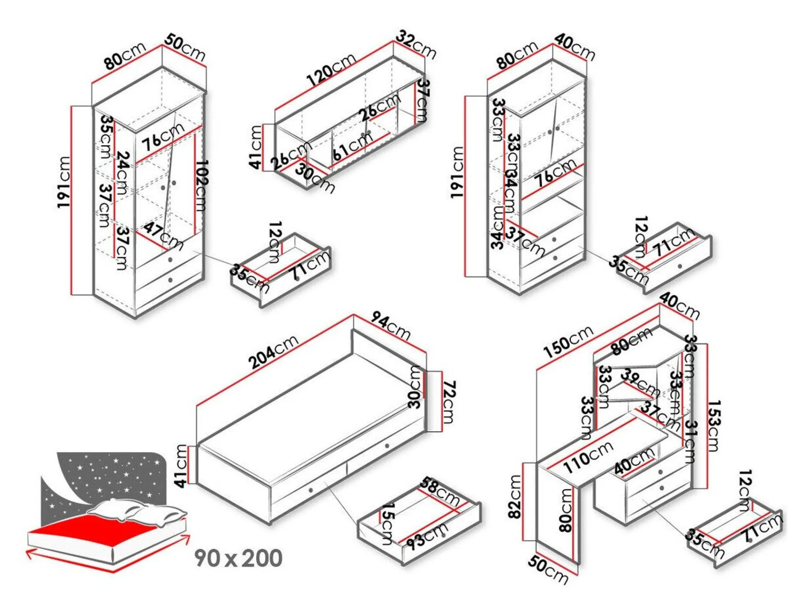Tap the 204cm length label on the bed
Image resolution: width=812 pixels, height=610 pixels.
tap(273, 352)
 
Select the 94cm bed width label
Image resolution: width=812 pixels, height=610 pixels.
tap(391, 326)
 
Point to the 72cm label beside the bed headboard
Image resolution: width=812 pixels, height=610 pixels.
tap(448, 402)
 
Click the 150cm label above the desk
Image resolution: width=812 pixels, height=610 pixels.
tap(568, 342)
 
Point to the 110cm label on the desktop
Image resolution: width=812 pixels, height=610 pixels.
tap(588, 457)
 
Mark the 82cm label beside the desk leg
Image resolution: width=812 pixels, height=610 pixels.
tap(515, 497)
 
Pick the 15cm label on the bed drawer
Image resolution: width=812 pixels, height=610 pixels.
tap(387, 523)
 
